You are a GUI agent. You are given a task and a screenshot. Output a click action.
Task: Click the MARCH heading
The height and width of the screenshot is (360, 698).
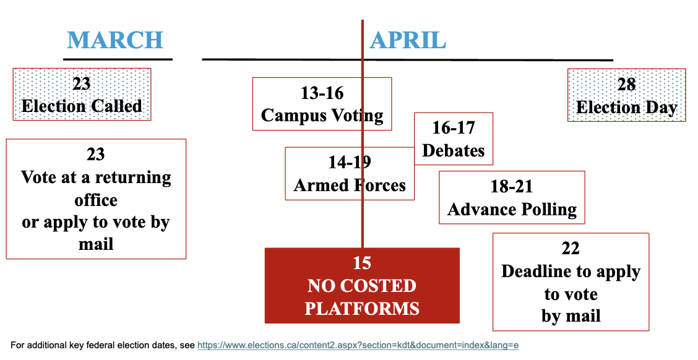pos(115,40)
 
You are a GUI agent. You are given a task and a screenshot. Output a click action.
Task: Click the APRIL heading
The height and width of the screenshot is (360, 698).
pos(408,40)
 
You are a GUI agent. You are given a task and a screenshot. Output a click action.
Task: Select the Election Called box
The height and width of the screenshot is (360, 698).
pos(82,95)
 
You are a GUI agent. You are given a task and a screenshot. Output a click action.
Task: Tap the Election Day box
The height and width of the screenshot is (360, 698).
pos(626,95)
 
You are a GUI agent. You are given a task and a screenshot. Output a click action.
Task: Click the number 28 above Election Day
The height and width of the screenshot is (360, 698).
pos(626,84)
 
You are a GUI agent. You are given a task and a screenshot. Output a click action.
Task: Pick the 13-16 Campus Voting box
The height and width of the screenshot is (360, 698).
pos(322,104)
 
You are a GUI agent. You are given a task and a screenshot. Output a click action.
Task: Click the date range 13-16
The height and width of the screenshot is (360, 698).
pos(322,93)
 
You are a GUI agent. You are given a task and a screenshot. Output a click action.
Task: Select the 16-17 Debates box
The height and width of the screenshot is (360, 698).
pos(453,139)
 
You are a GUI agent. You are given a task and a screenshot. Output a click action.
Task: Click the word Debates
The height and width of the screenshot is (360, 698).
pos(453,150)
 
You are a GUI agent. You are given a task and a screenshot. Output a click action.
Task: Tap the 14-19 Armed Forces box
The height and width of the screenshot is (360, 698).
pos(350,174)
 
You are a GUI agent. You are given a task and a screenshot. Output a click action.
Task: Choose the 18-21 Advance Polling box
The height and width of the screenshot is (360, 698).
pos(512,197)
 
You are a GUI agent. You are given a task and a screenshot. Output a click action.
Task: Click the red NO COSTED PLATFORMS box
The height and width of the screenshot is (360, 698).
pos(362,286)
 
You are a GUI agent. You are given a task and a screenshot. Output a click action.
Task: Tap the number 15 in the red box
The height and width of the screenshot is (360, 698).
pos(362,263)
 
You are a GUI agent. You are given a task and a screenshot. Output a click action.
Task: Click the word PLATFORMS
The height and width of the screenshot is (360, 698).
pos(362,309)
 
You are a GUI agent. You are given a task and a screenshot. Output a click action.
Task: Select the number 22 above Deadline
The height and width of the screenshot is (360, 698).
pos(571,248)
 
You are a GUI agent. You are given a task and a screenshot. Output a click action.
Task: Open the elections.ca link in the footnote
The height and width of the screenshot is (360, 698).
pos(358,345)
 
